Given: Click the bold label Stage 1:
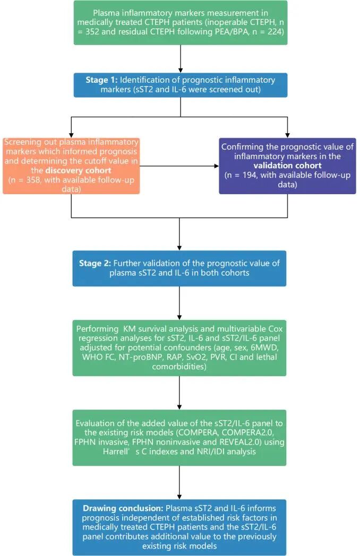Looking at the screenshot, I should tap(101, 80).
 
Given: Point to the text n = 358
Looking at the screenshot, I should tap(36, 179).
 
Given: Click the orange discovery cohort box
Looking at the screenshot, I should tap(71, 166).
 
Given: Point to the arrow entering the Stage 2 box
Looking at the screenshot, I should tap(181, 233).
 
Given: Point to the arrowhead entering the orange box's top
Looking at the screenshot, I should tap(71, 134).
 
